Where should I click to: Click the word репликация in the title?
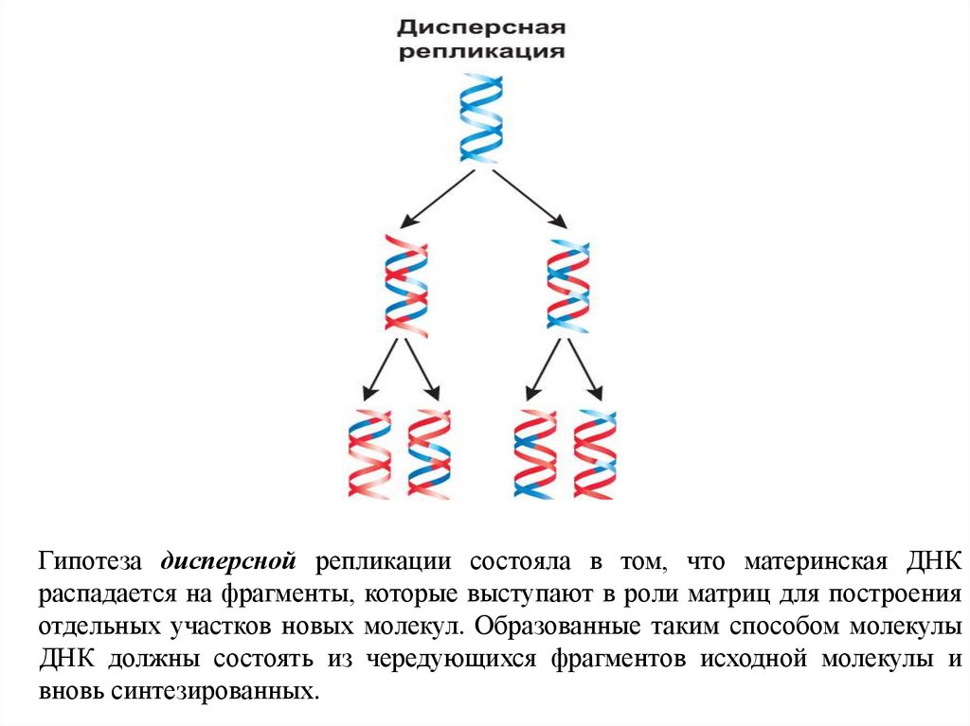tap(480, 51)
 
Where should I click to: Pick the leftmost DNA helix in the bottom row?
tap(370, 453)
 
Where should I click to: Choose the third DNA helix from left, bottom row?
tap(534, 453)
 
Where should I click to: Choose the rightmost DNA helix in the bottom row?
tap(594, 453)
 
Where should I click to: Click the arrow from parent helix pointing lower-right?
tap(530, 199)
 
